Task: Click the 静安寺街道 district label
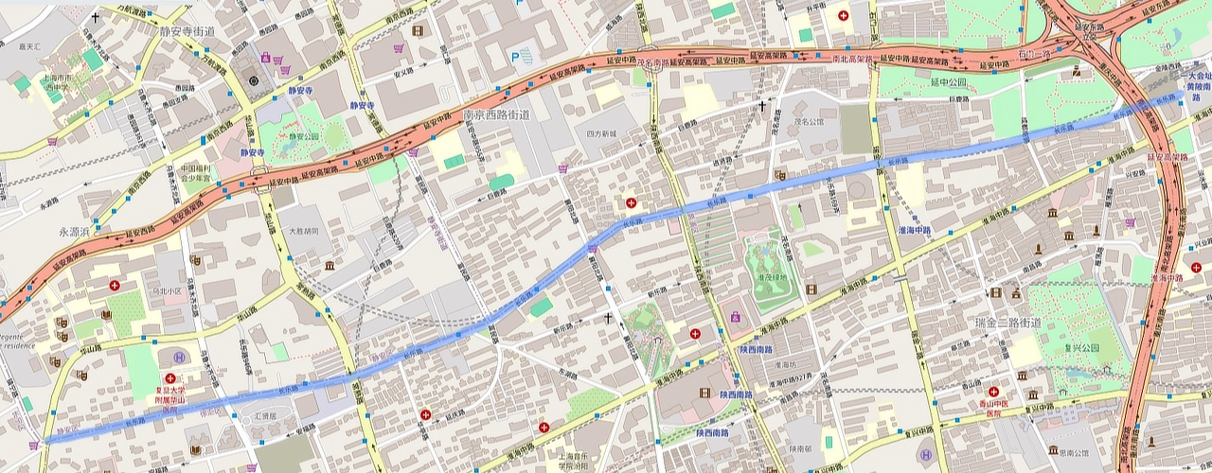183,31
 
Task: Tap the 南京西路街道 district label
496,114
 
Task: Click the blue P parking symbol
515,57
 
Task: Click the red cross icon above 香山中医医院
993,391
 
